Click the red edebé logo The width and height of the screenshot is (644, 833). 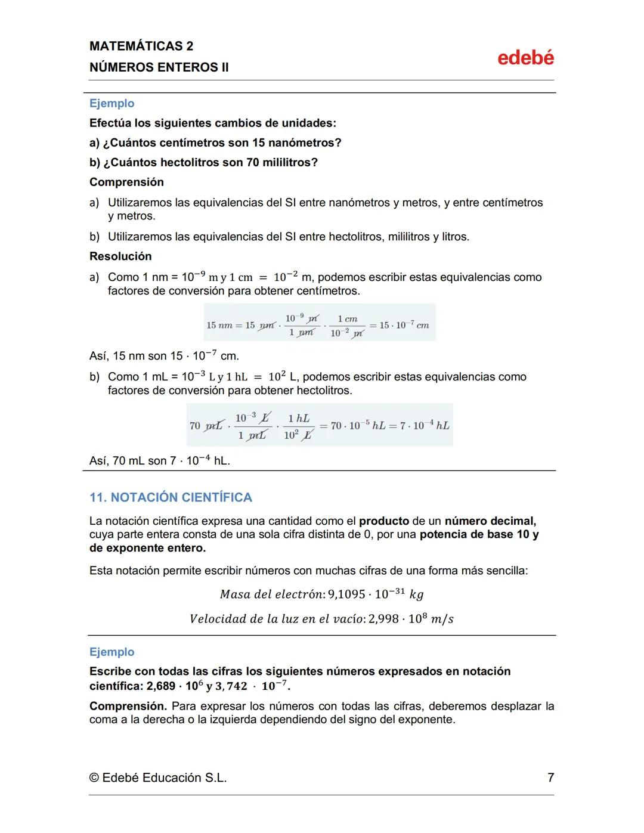point(525,58)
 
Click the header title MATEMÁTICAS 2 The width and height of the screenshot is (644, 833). point(141,46)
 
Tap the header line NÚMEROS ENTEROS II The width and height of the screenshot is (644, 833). point(159,67)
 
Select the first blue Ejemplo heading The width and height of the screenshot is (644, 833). point(112,103)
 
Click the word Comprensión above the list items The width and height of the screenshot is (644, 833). point(126,182)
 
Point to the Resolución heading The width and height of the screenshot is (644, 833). point(120,256)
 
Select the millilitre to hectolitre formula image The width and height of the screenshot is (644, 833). point(319,425)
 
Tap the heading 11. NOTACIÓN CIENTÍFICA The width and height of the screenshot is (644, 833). point(171,497)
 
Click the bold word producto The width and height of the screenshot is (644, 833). point(384,521)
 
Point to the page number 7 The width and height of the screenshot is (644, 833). point(550,778)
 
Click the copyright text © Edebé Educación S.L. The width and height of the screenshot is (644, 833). point(158,778)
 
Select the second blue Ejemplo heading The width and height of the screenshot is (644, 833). point(112,652)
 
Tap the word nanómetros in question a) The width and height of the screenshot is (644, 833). point(305,143)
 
